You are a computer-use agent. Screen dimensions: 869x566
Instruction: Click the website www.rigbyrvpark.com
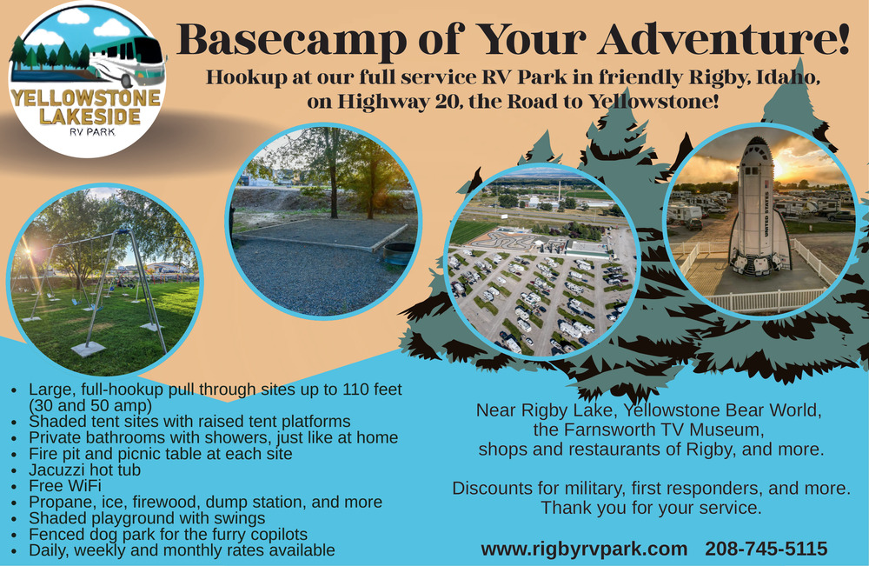[x=584, y=549]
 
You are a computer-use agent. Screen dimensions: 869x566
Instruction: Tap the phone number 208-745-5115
[x=766, y=549]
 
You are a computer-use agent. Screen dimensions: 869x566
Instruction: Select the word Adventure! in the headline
[x=724, y=39]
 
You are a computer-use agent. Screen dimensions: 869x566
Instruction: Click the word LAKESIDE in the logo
[x=90, y=117]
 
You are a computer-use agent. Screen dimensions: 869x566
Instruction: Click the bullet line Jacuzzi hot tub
[x=85, y=470]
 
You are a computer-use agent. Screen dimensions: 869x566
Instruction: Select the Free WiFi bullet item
[x=65, y=486]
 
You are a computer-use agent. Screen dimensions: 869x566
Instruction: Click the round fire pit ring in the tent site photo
[x=398, y=254]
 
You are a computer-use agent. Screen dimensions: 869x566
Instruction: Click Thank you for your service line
[x=651, y=508]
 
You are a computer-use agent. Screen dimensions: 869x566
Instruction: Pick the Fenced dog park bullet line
[x=168, y=535]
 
